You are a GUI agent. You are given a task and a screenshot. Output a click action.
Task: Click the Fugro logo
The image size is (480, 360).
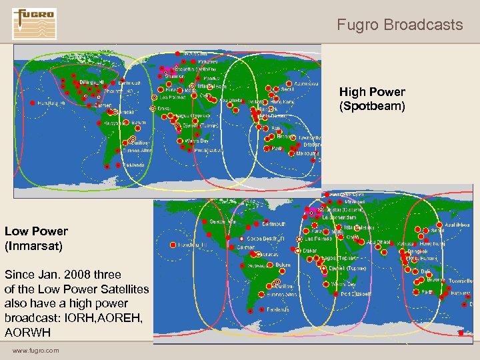click(35, 23)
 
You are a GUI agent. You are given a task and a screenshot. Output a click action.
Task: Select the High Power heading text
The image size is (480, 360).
click(372, 92)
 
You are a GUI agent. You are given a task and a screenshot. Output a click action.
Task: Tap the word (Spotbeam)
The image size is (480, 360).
click(372, 105)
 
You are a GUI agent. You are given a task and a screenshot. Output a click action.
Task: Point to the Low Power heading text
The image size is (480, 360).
click(36, 231)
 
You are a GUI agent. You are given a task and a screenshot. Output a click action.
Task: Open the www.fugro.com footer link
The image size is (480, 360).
click(35, 351)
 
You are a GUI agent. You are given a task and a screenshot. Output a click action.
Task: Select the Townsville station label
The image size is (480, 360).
click(455, 281)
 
